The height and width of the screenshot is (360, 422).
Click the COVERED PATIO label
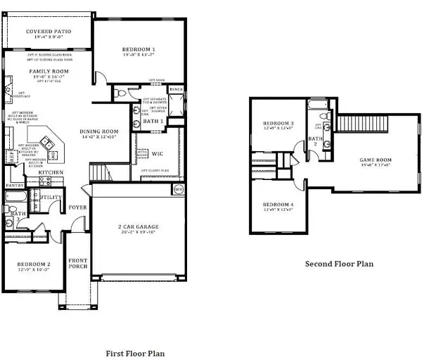click(47, 32)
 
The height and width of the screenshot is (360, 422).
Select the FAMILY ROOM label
click(47, 72)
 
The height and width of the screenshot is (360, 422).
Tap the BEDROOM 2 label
click(33, 264)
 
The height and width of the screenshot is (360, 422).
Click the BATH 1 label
click(153, 122)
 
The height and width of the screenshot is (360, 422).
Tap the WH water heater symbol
click(178, 188)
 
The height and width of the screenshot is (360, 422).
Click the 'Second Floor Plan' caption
click(338, 264)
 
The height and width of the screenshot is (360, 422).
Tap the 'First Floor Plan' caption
click(135, 353)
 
